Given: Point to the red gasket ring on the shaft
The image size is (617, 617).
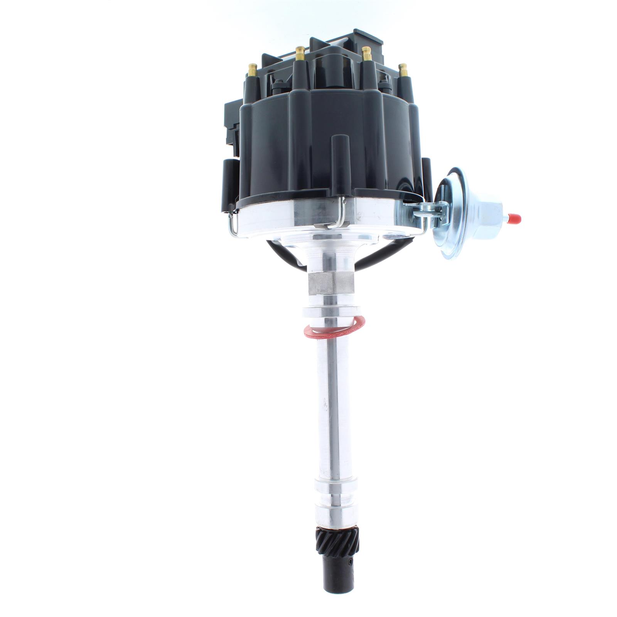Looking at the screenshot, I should point(334,329).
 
